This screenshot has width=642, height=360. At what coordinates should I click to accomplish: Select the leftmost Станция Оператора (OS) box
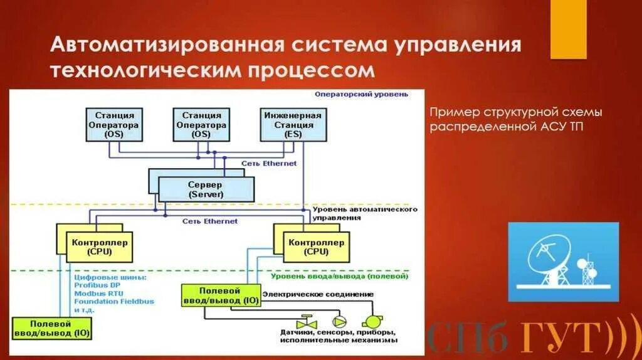pyautogui.click(x=113, y=124)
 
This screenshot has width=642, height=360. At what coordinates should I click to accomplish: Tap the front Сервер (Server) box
pyautogui.click(x=206, y=189)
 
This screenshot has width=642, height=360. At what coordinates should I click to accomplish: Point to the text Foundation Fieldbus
pyautogui.click(x=113, y=302)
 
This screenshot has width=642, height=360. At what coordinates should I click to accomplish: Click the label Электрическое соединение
pyautogui.click(x=317, y=294)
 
